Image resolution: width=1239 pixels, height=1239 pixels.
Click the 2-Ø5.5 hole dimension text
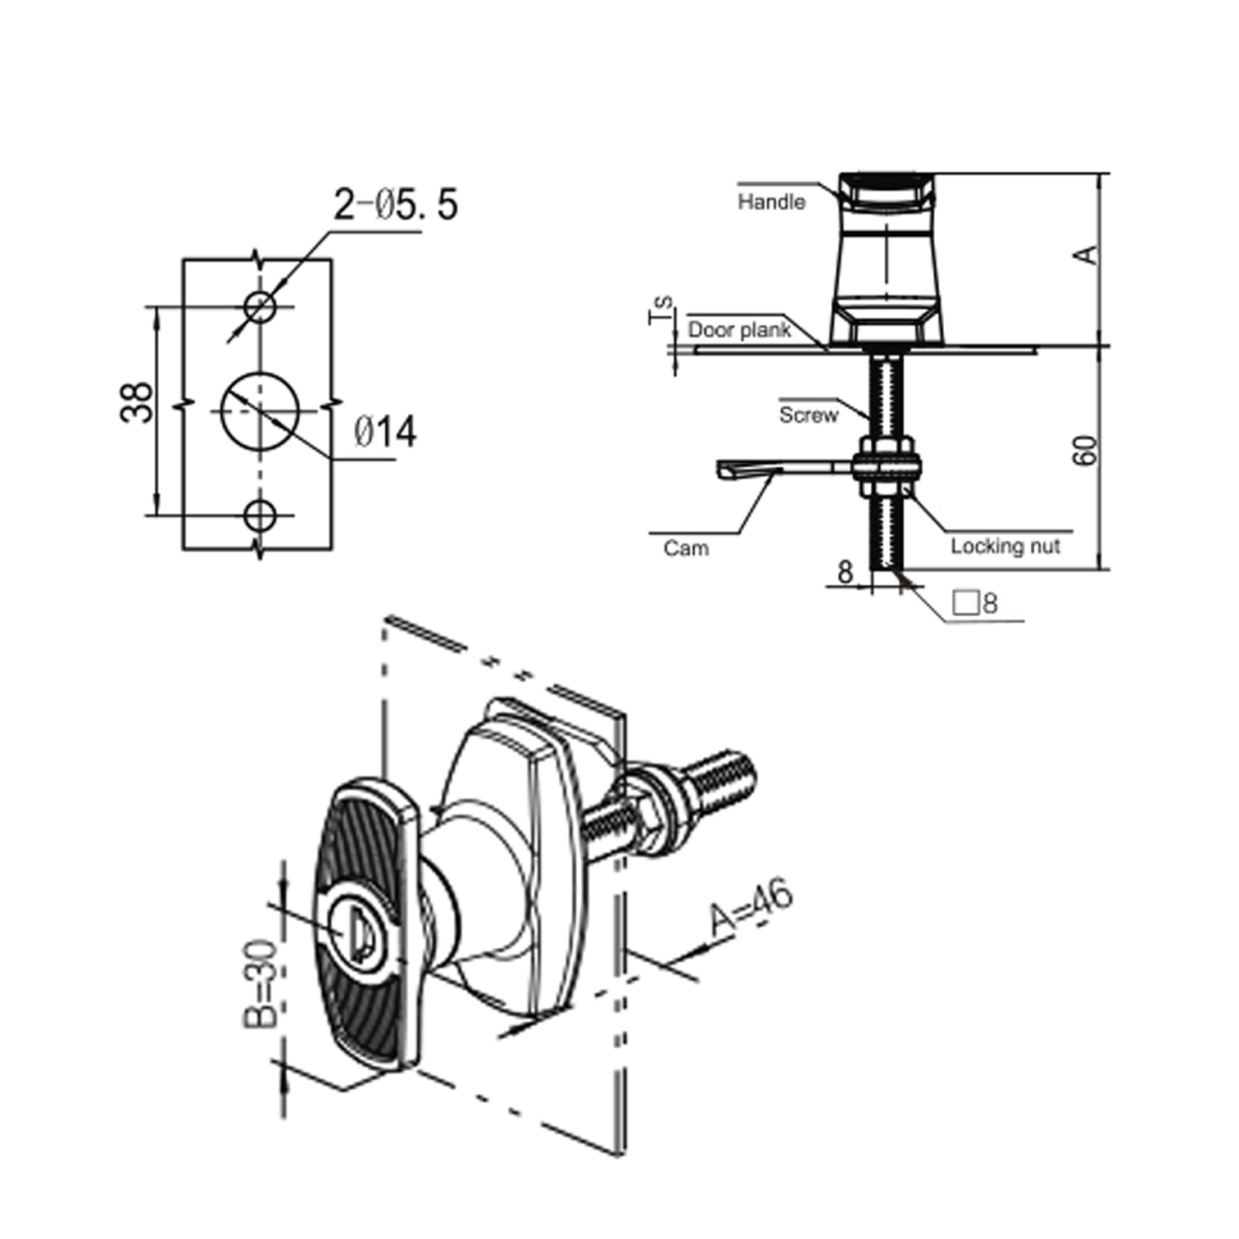pyautogui.click(x=395, y=204)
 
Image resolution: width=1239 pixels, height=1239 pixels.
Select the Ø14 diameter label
pyautogui.click(x=385, y=432)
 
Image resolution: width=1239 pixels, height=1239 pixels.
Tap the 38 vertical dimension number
pyautogui.click(x=137, y=402)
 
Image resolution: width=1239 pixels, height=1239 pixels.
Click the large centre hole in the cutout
pyautogui.click(x=260, y=411)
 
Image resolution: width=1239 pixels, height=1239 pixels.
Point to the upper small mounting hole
pyautogui.click(x=260, y=307)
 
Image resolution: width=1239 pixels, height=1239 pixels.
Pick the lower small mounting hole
pyautogui.click(x=260, y=515)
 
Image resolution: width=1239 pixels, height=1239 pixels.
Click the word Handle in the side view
pyautogui.click(x=771, y=202)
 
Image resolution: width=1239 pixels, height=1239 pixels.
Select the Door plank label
pyautogui.click(x=739, y=330)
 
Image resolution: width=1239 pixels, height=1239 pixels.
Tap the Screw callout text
pyautogui.click(x=809, y=415)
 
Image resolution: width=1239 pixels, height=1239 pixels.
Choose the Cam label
pyautogui.click(x=686, y=548)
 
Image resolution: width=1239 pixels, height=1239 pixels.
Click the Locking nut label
pyautogui.click(x=1005, y=547)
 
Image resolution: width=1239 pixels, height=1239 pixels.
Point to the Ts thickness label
pyautogui.click(x=660, y=310)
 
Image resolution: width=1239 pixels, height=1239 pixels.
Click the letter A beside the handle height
pyautogui.click(x=1087, y=255)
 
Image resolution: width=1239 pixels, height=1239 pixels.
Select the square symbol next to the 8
pyautogui.click(x=965, y=603)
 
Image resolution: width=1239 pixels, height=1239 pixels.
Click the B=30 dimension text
pyautogui.click(x=262, y=983)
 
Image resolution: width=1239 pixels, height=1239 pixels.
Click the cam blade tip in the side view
pyautogui.click(x=726, y=470)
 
